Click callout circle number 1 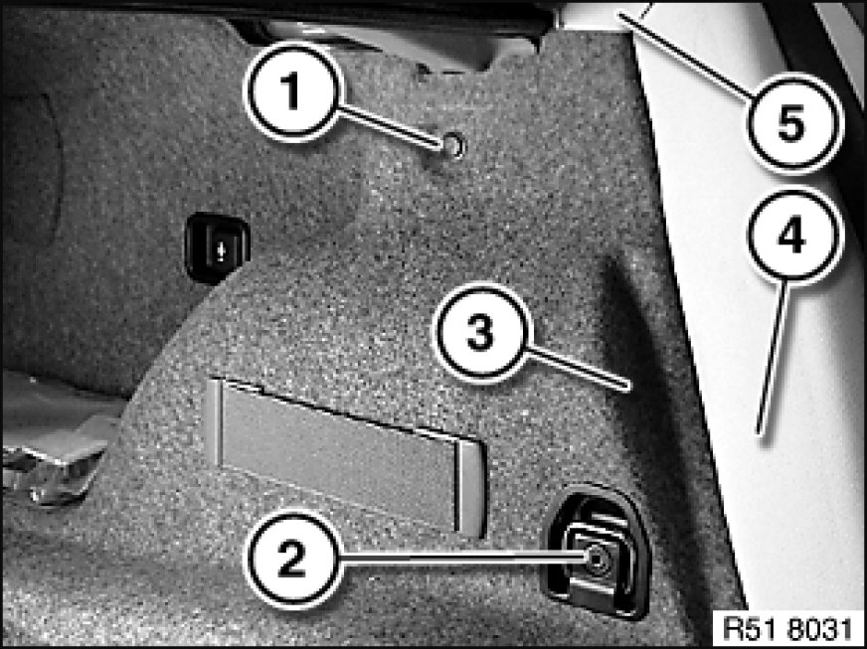coord(291,91)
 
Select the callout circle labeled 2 coord(291,559)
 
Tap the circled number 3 coord(481,333)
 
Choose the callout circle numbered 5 coord(794,123)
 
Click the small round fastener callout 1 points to coord(454,145)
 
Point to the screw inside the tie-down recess coord(597,560)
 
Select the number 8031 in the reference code coord(820,630)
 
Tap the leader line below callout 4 coord(774,357)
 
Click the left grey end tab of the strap coord(215,421)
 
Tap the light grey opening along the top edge coord(382,43)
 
